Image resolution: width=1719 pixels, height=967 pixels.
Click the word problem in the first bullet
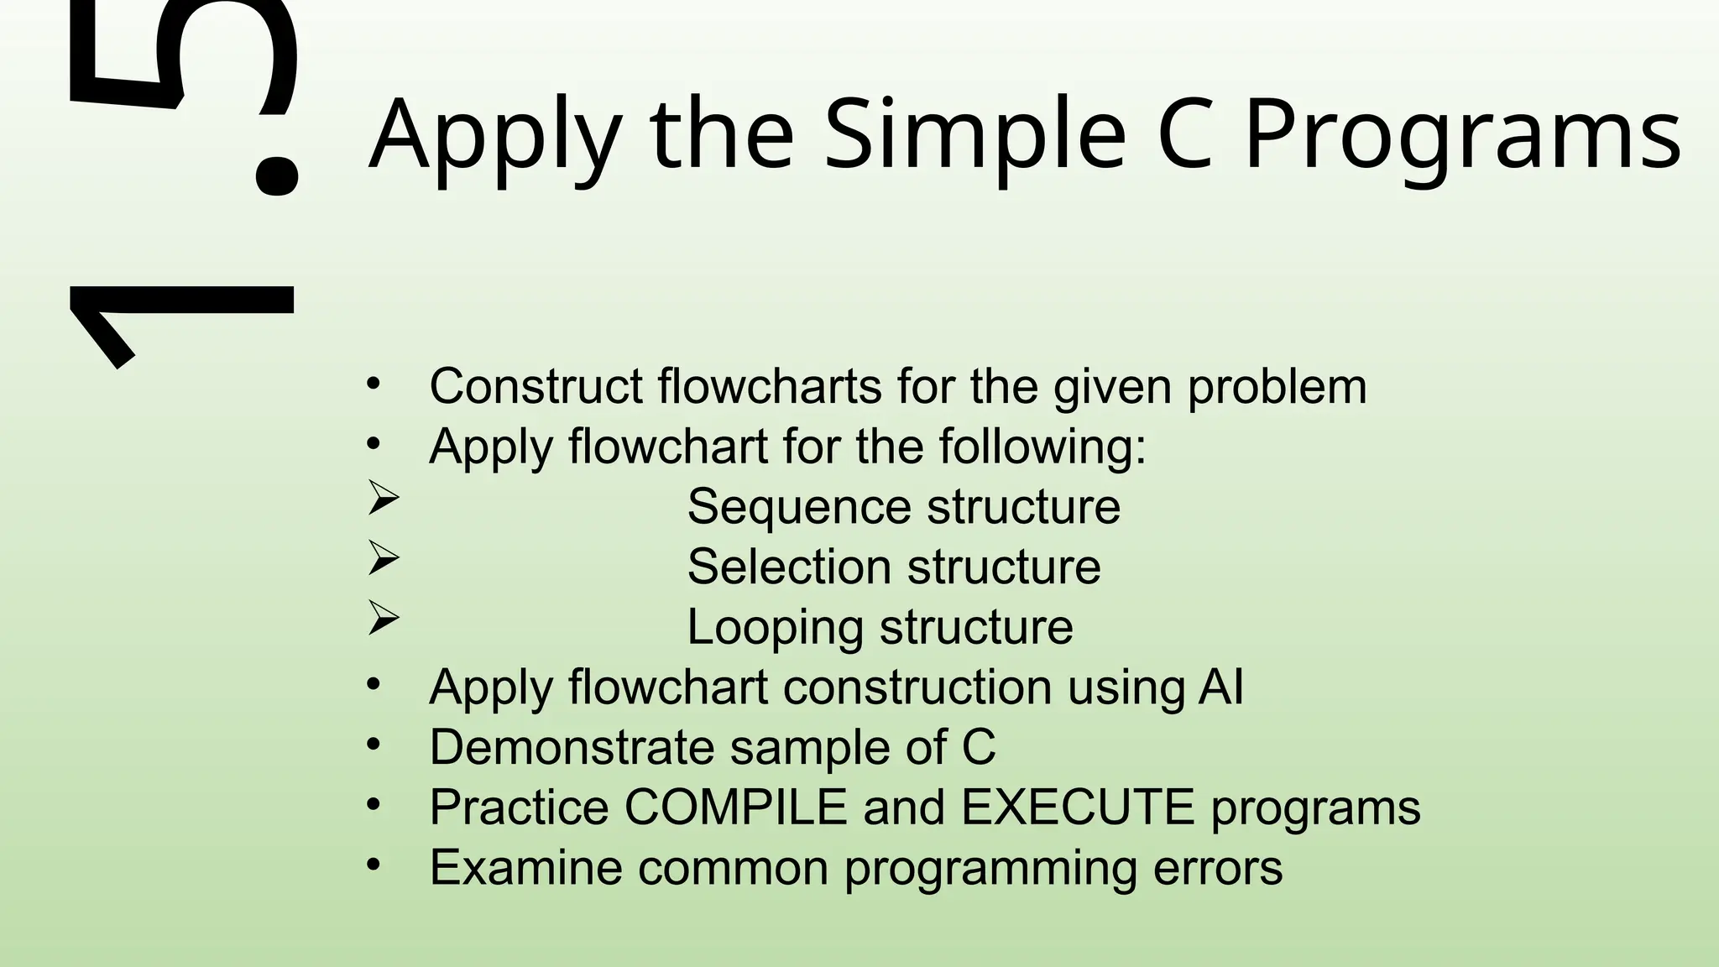1277,388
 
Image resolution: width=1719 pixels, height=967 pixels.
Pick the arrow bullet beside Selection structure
384,558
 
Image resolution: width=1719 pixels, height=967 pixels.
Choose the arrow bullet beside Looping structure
384,619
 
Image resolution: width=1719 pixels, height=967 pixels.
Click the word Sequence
798,508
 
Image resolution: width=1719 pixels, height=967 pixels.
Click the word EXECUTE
1077,808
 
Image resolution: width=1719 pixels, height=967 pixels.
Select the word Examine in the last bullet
525,867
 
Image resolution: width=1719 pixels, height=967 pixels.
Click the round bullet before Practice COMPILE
374,805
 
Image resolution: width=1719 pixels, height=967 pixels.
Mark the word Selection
788,567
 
